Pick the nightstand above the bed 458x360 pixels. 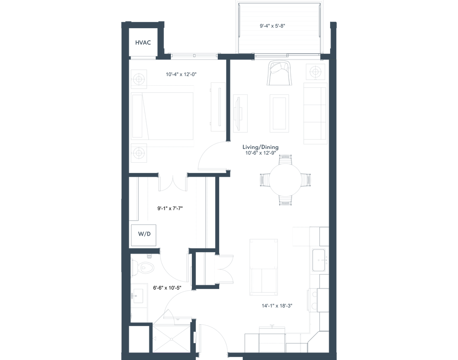(x=139, y=79)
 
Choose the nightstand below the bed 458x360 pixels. (x=139, y=153)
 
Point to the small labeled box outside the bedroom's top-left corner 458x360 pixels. (x=143, y=43)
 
